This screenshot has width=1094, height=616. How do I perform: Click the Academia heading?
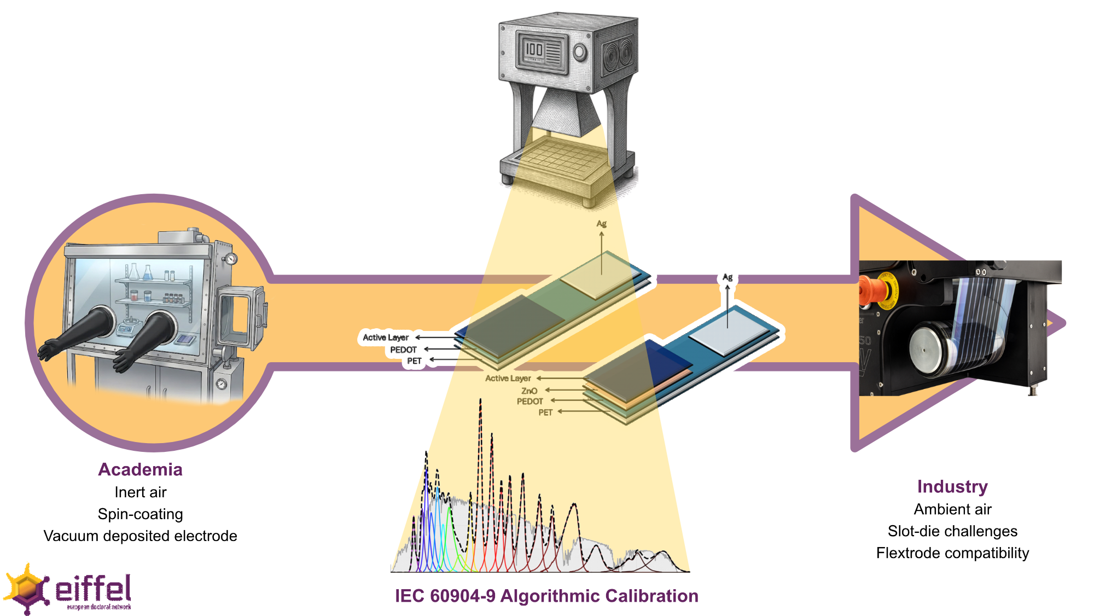click(x=140, y=469)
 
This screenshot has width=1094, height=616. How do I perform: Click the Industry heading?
click(x=952, y=486)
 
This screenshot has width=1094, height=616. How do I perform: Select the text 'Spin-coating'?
click(x=140, y=514)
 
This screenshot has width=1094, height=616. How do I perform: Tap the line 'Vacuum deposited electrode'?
click(x=140, y=536)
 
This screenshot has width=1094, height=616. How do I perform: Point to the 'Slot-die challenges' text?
click(x=952, y=531)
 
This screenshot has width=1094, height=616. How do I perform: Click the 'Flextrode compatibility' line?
click(x=952, y=553)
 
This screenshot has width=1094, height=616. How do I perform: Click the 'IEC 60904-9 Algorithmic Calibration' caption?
click(x=546, y=596)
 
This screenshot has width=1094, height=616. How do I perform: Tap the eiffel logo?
click(x=68, y=590)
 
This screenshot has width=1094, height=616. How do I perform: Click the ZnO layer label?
click(x=529, y=391)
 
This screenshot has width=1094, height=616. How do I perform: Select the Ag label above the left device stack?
click(x=601, y=224)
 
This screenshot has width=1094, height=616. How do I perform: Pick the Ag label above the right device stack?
click(x=728, y=277)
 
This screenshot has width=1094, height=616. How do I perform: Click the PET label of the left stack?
click(x=414, y=361)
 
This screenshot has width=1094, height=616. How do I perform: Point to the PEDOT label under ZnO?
click(x=529, y=402)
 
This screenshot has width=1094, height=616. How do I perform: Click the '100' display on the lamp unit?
click(x=534, y=50)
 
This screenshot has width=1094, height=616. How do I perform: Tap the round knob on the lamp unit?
click(x=580, y=53)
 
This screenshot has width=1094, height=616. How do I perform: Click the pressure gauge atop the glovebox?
click(x=231, y=258)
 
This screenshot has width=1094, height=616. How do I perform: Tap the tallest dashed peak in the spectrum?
click(x=480, y=402)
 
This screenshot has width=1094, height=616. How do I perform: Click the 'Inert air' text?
click(x=140, y=492)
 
